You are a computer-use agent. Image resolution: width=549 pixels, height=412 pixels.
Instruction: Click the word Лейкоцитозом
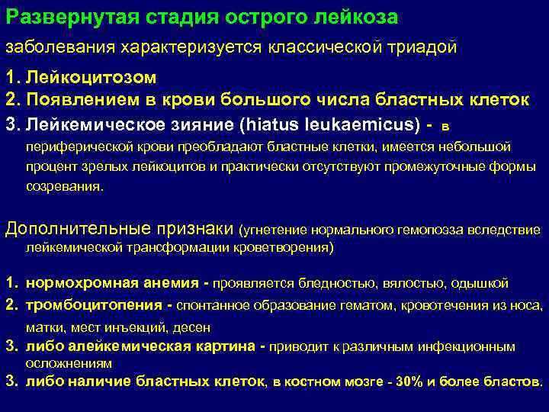(x=91, y=78)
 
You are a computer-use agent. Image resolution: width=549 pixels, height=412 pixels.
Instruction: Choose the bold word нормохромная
(x=73, y=284)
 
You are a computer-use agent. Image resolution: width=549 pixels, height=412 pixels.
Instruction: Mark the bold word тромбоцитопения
(x=83, y=305)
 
